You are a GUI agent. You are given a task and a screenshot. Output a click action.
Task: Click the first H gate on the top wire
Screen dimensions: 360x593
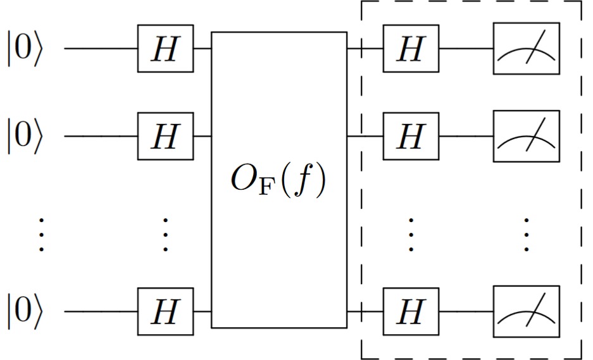[x=165, y=49]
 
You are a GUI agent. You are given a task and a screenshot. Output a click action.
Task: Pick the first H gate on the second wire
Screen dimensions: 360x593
[x=165, y=136]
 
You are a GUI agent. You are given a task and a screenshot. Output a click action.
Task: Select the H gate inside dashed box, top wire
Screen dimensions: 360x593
[x=410, y=49]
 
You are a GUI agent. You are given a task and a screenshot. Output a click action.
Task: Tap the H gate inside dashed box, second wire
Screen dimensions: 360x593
[x=410, y=136]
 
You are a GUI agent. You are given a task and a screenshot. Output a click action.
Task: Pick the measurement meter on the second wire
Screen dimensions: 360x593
[x=527, y=136]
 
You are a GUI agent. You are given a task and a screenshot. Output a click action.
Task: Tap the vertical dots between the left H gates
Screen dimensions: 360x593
[x=165, y=235]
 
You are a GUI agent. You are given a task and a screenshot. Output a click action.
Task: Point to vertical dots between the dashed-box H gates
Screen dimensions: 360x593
[x=410, y=235]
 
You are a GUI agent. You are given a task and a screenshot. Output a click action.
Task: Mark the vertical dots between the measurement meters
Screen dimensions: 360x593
[x=527, y=235]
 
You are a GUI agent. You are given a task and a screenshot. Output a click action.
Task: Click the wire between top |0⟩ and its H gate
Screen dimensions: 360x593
[x=101, y=49]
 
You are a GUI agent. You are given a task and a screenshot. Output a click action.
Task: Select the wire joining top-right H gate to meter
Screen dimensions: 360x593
[x=466, y=49]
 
